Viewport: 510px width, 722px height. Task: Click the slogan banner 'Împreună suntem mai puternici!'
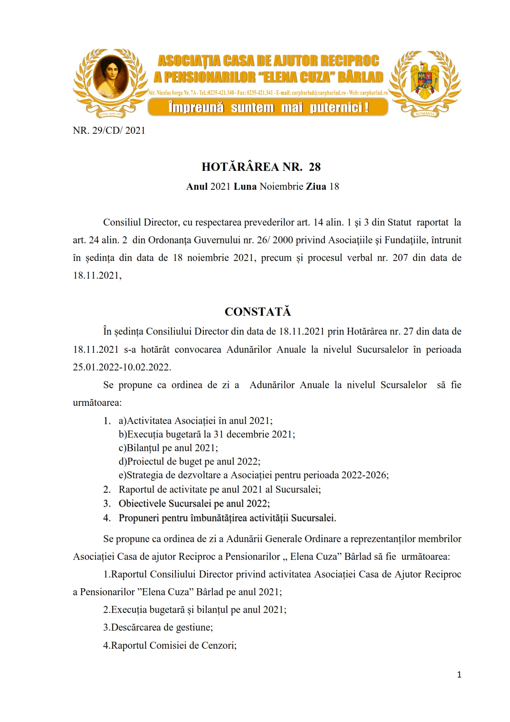(x=268, y=108)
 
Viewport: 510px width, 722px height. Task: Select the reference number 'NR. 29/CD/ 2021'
(x=109, y=130)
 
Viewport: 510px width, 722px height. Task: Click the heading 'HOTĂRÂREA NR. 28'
(x=261, y=167)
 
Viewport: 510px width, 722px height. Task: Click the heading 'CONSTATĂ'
(x=258, y=312)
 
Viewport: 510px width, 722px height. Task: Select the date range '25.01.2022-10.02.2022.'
(x=122, y=367)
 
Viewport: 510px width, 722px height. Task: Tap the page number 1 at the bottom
(x=459, y=675)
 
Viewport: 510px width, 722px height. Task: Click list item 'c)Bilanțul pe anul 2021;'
(x=168, y=448)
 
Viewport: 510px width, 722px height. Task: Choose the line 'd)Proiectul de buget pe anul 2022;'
(x=189, y=461)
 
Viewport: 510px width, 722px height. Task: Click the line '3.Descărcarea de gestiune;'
(x=158, y=627)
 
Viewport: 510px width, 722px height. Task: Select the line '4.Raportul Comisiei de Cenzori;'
(x=170, y=645)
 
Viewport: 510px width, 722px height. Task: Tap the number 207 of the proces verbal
(x=400, y=258)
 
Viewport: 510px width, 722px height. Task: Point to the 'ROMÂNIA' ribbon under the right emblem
(x=425, y=114)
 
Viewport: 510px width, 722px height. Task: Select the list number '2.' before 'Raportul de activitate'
(x=107, y=489)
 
